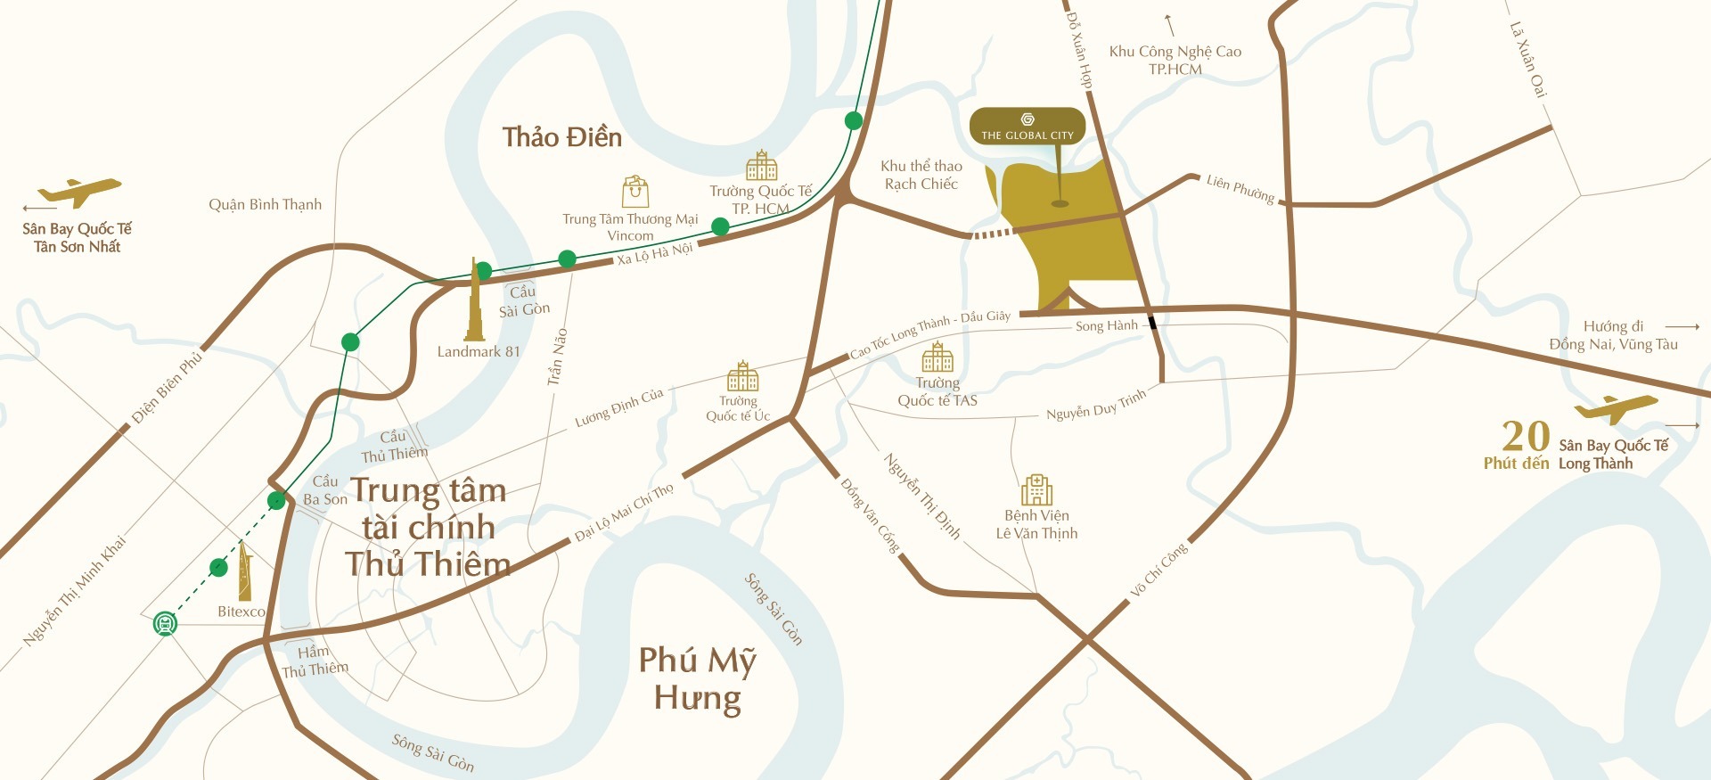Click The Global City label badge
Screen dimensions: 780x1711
tap(1027, 127)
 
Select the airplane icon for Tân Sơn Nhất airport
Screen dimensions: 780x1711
tap(80, 191)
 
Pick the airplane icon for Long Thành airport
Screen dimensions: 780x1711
tap(1615, 408)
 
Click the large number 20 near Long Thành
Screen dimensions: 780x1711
tap(1526, 437)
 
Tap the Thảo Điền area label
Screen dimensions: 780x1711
tap(561, 137)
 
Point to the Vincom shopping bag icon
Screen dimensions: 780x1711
tap(635, 191)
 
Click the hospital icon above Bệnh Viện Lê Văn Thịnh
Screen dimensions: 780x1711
tap(1036, 489)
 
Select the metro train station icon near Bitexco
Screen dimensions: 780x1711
tap(165, 623)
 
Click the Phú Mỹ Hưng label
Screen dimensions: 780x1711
tap(697, 679)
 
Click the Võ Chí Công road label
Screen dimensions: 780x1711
tap(1158, 570)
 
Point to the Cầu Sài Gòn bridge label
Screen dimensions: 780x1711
tap(524, 301)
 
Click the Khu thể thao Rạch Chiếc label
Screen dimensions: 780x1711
tap(921, 175)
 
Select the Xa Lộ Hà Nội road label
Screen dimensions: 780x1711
tap(654, 254)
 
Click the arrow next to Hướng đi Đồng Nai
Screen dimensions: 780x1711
tap(1682, 326)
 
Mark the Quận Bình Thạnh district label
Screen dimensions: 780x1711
tap(265, 205)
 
